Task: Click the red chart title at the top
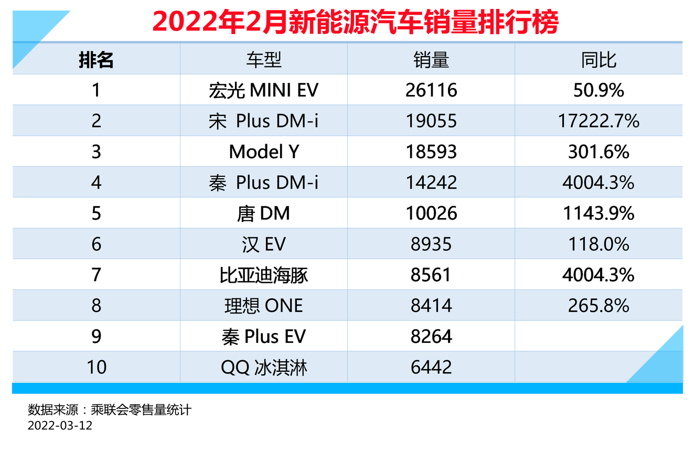pos(356,22)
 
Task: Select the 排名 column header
pos(96,60)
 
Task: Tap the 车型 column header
pos(264,60)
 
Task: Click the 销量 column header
pos(431,60)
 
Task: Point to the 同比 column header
pos(598,60)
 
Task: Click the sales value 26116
pos(431,90)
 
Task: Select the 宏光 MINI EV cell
pos(264,90)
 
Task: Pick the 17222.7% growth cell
pos(598,121)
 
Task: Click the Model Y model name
pos(264,152)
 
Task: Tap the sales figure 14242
pos(431,182)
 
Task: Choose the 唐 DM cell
pos(263,213)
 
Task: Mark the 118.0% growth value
pos(598,244)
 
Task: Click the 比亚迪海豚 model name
pos(264,275)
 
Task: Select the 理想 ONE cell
pos(264,306)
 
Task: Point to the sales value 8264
pos(431,337)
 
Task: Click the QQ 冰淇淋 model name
pos(264,368)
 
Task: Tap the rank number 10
pos(97,367)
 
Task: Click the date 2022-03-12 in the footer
pos(60,425)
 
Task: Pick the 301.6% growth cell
pos(598,152)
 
